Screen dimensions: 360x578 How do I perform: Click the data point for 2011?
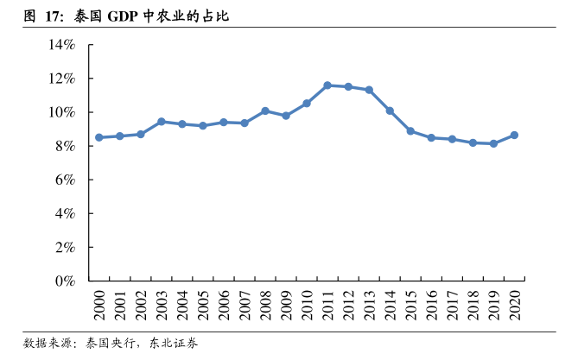pos(327,85)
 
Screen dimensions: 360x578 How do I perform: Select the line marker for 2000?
pos(99,137)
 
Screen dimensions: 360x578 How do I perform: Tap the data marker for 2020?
pos(514,135)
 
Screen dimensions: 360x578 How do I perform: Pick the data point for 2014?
pos(390,111)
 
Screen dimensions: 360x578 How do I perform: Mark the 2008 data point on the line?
pos(265,111)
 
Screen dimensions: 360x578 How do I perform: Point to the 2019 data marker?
pos(493,143)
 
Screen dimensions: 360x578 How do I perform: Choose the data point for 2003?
pos(162,122)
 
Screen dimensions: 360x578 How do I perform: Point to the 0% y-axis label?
pos(68,281)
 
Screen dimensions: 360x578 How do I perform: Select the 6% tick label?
pos(68,180)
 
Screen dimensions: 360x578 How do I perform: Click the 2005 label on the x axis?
pos(204,304)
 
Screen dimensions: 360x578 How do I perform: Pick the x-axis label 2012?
pos(349,304)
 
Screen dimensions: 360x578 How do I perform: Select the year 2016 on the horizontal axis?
pos(432,304)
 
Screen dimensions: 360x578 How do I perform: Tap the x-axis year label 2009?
pos(287,304)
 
